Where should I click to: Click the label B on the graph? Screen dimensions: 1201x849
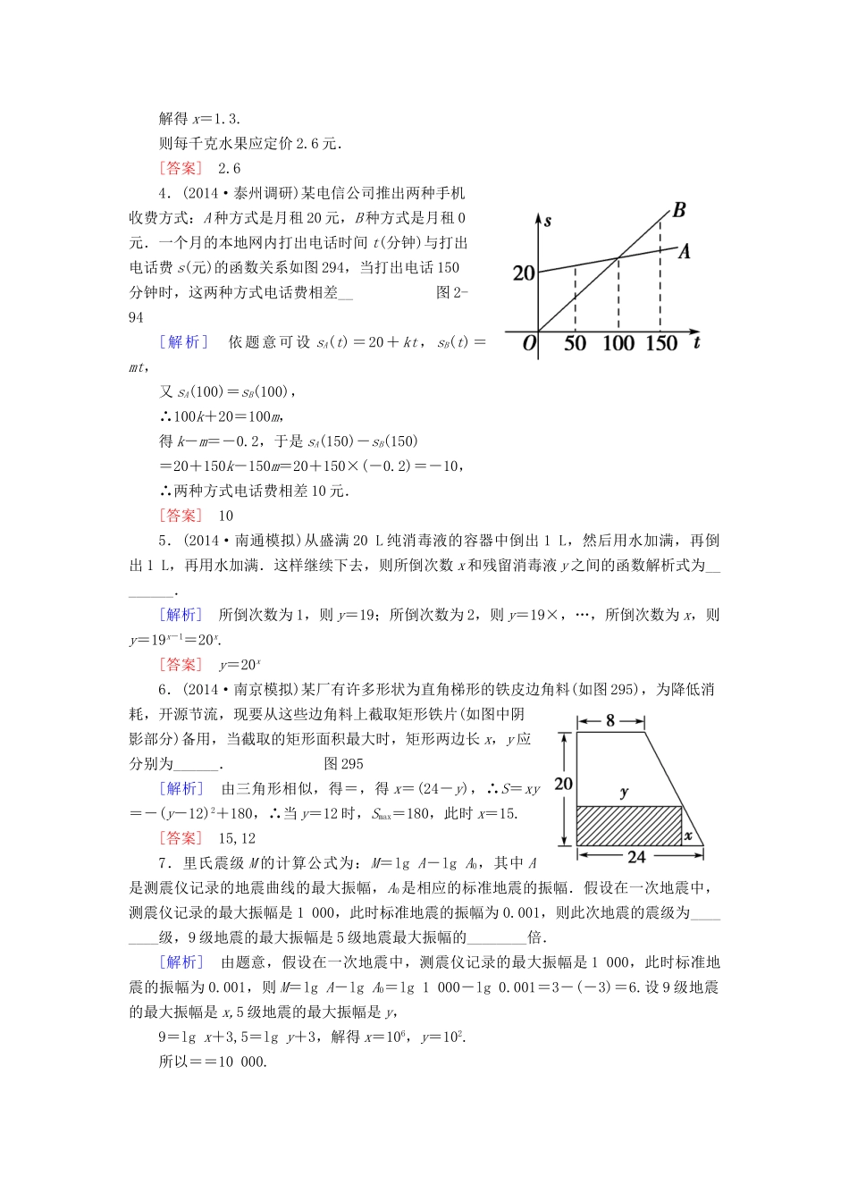click(x=679, y=211)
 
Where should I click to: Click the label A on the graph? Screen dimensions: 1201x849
click(x=685, y=252)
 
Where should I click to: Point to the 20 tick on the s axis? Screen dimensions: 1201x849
click(x=524, y=273)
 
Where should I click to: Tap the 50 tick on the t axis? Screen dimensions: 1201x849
click(x=575, y=344)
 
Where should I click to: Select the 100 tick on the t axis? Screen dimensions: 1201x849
click(x=618, y=344)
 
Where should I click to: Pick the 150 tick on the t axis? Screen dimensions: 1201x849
click(x=661, y=344)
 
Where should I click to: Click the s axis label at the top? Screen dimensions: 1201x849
click(x=547, y=221)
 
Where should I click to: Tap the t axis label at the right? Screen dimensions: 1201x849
click(x=697, y=342)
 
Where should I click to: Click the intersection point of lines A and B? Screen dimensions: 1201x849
click(x=618, y=259)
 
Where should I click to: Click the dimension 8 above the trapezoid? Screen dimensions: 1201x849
click(x=610, y=720)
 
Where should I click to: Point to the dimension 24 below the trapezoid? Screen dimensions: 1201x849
click(x=636, y=857)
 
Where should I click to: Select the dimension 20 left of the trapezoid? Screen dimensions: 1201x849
click(x=563, y=784)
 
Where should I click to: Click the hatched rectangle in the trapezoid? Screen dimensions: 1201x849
click(x=628, y=826)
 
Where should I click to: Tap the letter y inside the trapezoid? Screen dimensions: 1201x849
click(x=624, y=792)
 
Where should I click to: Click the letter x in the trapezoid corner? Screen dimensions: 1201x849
click(x=688, y=836)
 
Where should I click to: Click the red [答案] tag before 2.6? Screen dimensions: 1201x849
click(x=181, y=169)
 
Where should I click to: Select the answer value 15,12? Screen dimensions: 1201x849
click(x=237, y=838)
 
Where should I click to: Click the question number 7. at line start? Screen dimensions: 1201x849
click(x=165, y=863)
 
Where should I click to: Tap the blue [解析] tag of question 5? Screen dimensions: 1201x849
click(x=181, y=615)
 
